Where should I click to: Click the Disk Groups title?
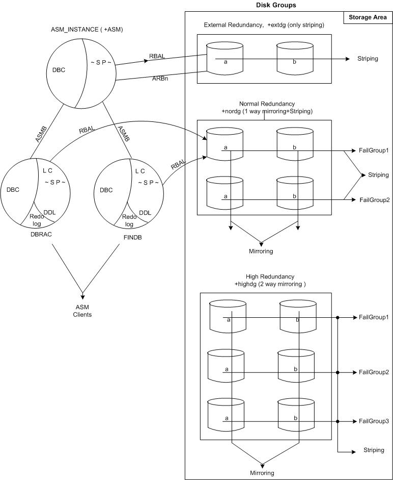pyautogui.click(x=275, y=5)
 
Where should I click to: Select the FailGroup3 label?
pyautogui.click(x=374, y=421)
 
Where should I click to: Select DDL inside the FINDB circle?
pyautogui.click(x=145, y=213)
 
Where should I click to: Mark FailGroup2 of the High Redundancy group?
pyautogui.click(x=374, y=372)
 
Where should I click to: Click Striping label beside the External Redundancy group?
pyautogui.click(x=367, y=59)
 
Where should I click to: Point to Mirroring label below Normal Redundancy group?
pyautogui.click(x=261, y=251)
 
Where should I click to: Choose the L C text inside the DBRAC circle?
pyautogui.click(x=48, y=171)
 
